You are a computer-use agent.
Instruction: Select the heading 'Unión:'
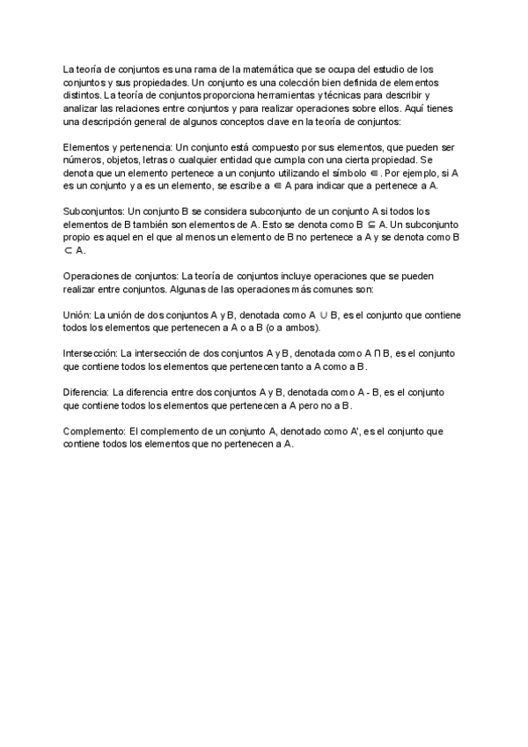[x=77, y=314]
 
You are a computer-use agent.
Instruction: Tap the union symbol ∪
[x=324, y=314]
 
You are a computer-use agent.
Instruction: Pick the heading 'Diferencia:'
[x=86, y=391]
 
